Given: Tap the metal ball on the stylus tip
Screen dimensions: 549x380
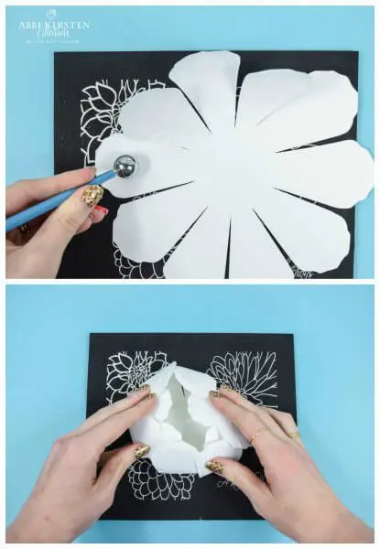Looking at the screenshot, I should pos(125,166).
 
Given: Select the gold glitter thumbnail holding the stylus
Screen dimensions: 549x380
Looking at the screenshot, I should pos(92,195).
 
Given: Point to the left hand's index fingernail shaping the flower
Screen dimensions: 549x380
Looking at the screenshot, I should pos(147,394).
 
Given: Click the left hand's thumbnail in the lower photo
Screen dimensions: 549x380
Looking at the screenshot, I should pos(140,451).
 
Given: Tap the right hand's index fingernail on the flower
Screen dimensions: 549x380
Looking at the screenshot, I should pos(216,394).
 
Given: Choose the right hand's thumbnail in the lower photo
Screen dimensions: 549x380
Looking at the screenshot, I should pos(215,467).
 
